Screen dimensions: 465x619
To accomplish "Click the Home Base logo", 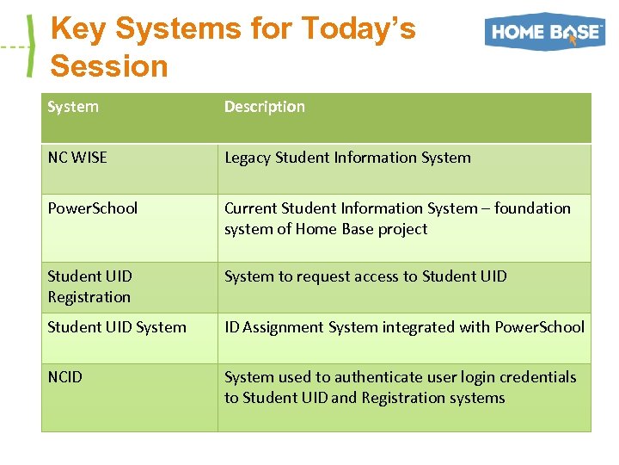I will pos(544,32).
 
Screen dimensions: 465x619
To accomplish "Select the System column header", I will pos(73,107).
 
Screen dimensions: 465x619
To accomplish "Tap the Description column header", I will pos(264,107).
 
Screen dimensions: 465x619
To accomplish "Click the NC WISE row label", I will pos(78,158).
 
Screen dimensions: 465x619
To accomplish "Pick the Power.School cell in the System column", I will pos(92,208).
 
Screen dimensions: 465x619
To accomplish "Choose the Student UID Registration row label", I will pos(89,287).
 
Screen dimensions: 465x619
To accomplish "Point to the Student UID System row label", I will pos(117,327).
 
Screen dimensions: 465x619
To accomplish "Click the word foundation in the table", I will pos(532,208).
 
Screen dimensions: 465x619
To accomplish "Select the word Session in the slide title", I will pos(109,65).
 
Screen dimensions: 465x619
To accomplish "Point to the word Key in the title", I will pos(78,28).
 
